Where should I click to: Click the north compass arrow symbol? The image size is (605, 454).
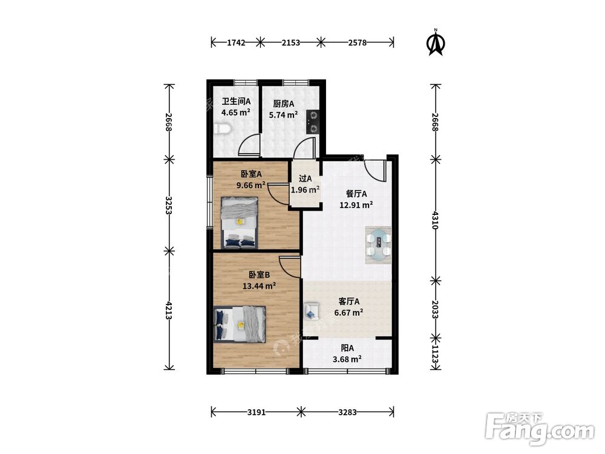[x=436, y=43]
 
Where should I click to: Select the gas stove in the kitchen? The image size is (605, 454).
[x=313, y=122]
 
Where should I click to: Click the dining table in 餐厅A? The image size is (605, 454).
[x=379, y=245]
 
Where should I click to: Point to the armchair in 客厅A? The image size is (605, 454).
[x=312, y=311]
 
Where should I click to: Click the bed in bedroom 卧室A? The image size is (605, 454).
[x=239, y=223]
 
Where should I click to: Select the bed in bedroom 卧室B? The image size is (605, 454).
[x=240, y=324]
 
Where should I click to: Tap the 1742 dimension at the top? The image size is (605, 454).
[x=236, y=43]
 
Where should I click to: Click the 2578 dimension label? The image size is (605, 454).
[x=358, y=43]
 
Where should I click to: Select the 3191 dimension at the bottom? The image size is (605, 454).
[x=256, y=412]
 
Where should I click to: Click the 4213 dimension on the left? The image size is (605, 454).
[x=168, y=310]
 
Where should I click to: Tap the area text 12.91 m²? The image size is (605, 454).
[x=356, y=205]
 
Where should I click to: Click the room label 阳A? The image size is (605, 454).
[x=347, y=348]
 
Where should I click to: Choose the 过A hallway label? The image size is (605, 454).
[x=305, y=179]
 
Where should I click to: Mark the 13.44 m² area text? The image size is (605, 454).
[x=259, y=286]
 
